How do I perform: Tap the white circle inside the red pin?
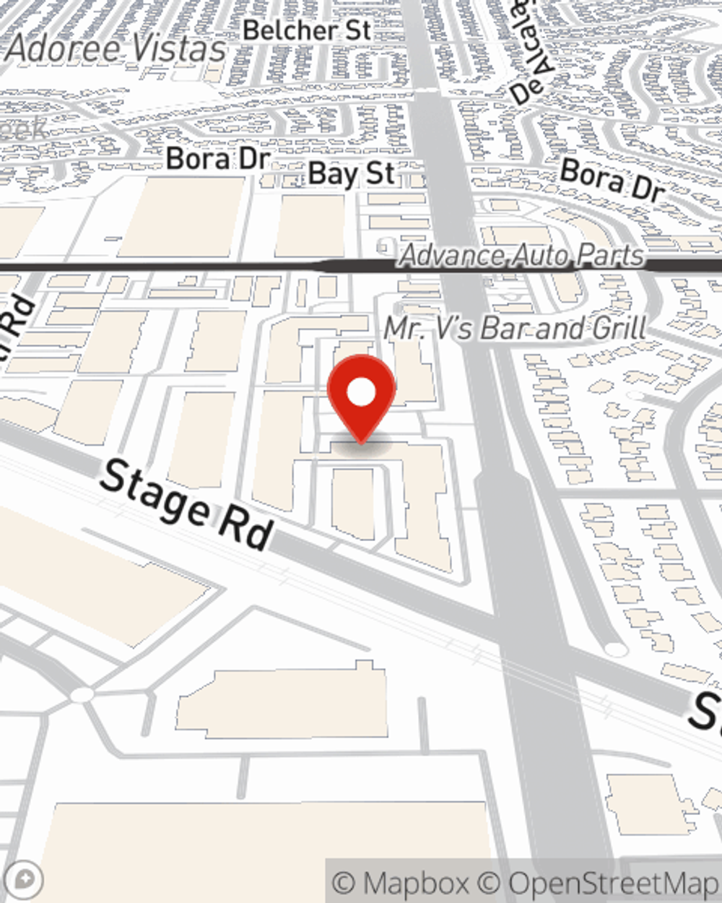pyautogui.click(x=361, y=393)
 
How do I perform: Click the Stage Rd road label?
pyautogui.click(x=186, y=504)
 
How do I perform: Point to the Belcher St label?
pyautogui.click(x=307, y=30)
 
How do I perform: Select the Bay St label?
pyautogui.click(x=351, y=174)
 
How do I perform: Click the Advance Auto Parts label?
pyautogui.click(x=521, y=256)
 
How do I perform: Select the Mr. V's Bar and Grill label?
pyautogui.click(x=516, y=328)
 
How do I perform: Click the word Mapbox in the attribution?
pyautogui.click(x=414, y=883)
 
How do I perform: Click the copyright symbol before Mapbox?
pyautogui.click(x=345, y=883)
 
